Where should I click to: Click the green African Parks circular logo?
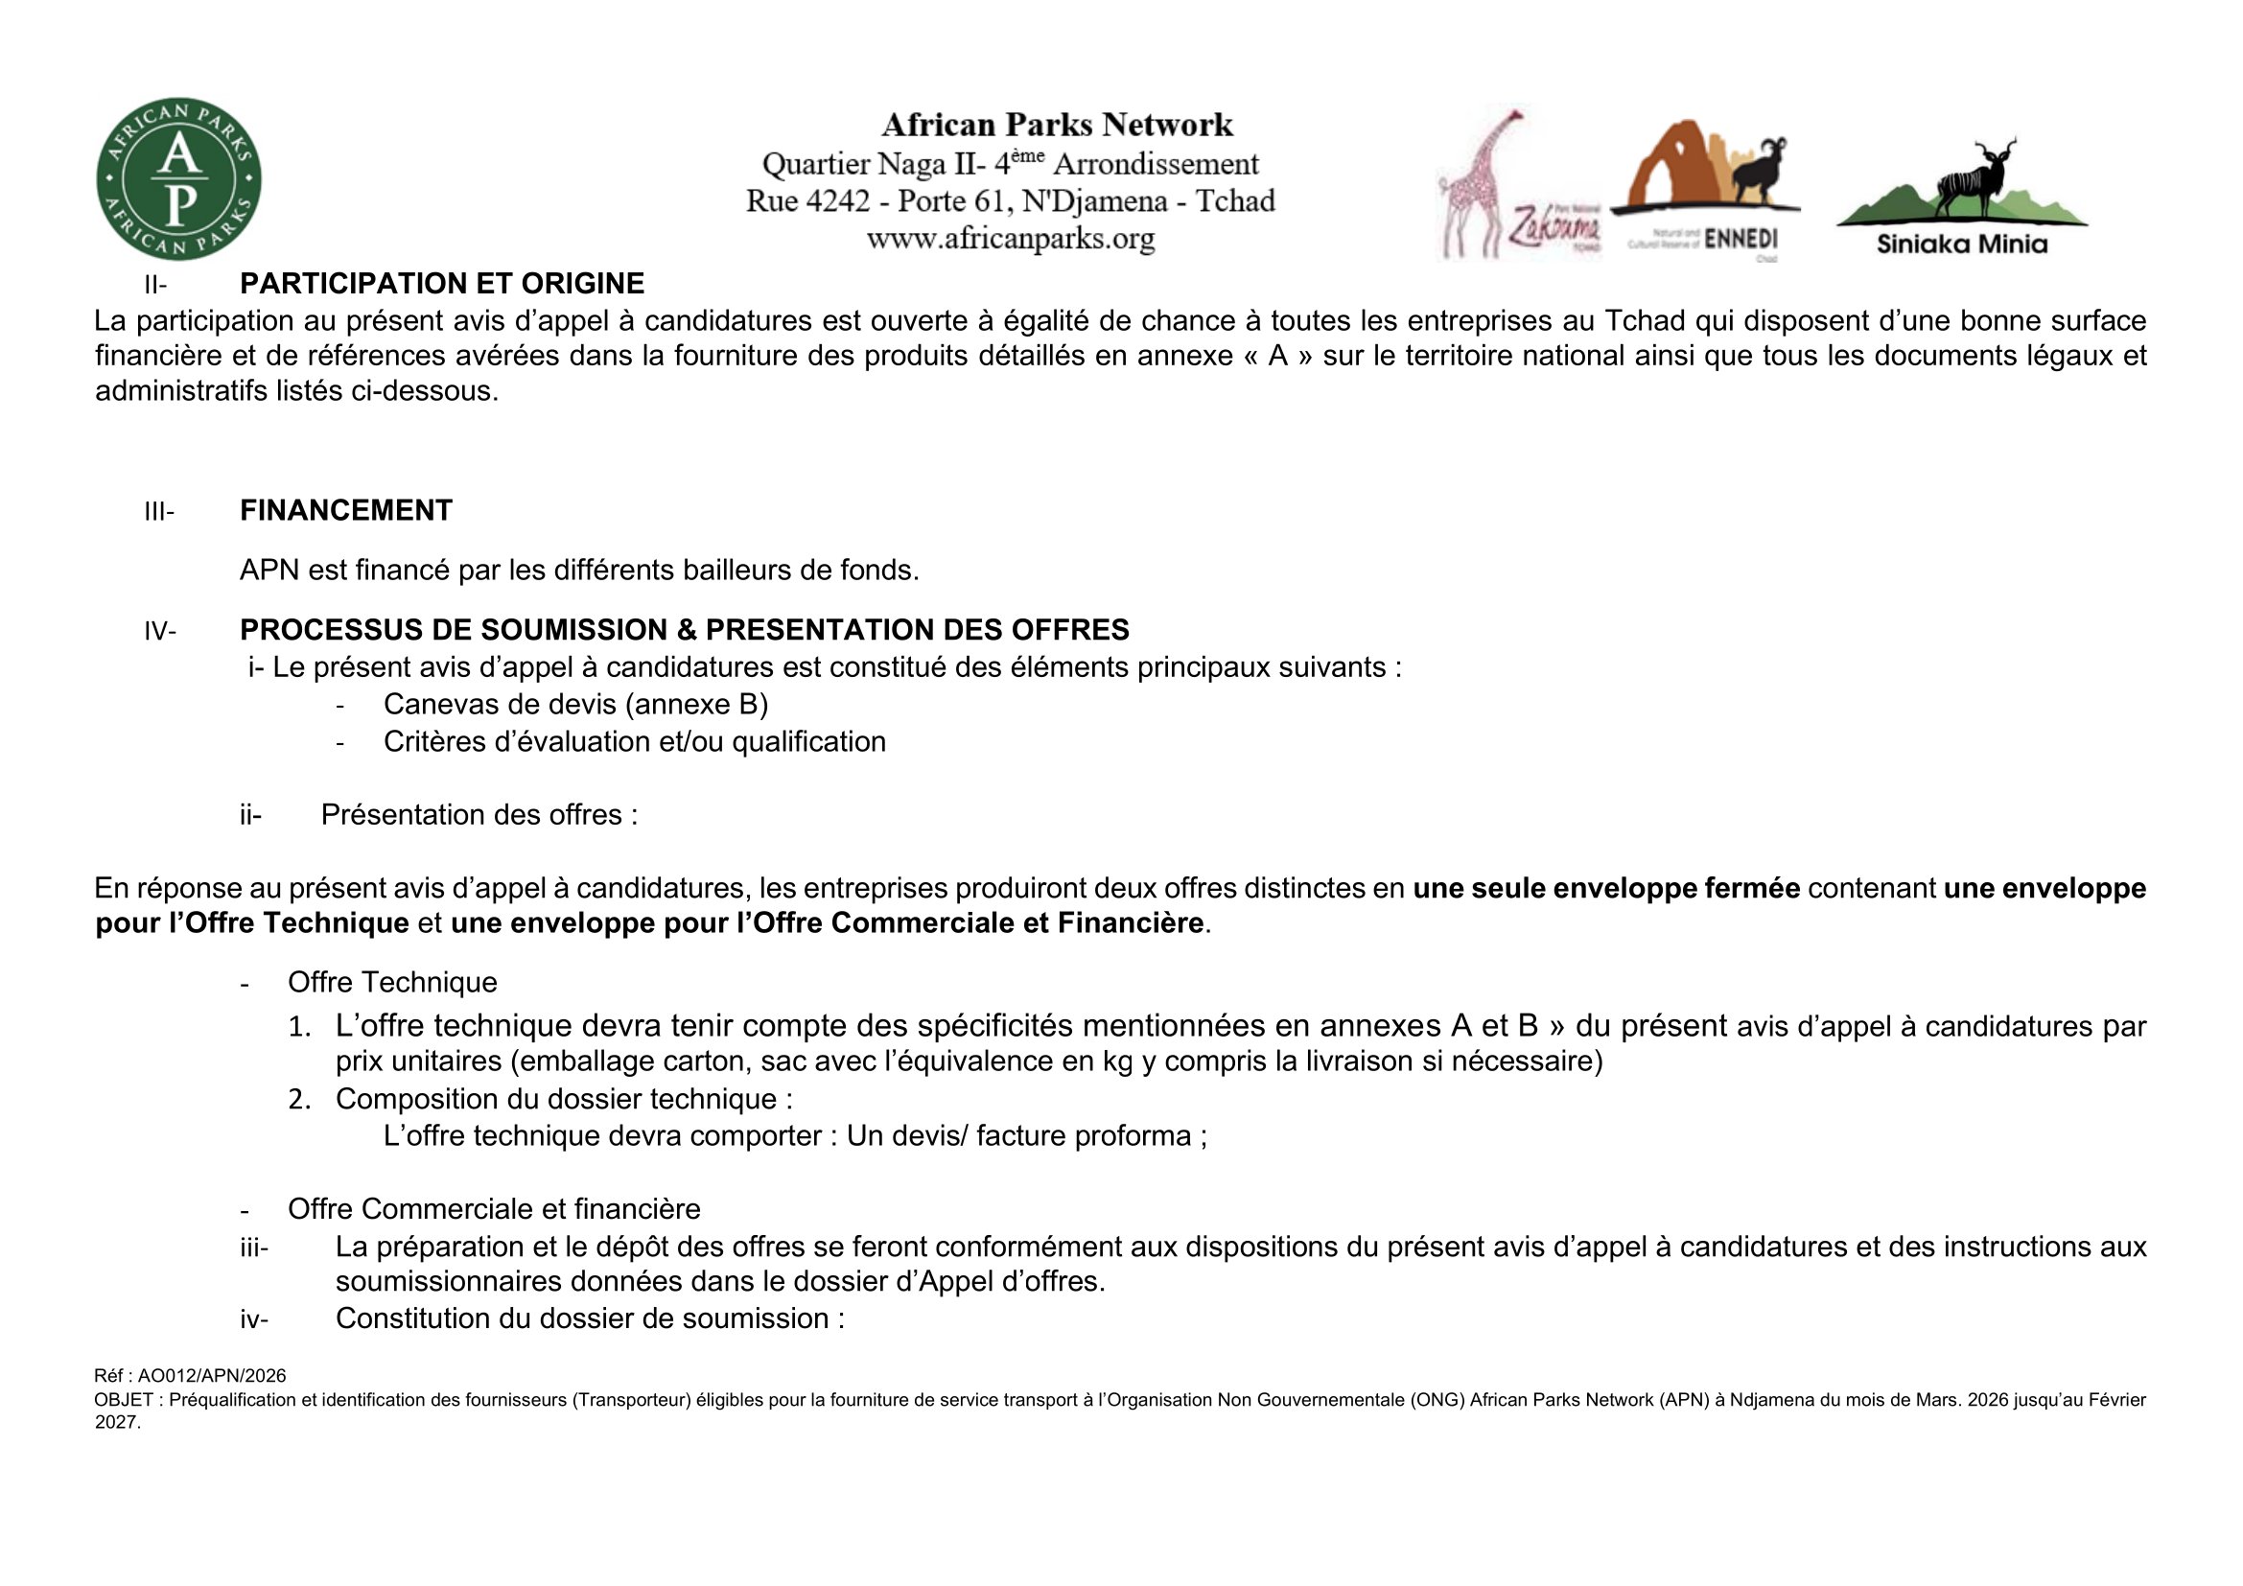[x=178, y=178]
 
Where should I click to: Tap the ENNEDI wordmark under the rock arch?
[x=1740, y=240]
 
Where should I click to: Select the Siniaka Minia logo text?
[x=1962, y=245]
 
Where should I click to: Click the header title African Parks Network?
[x=1057, y=125]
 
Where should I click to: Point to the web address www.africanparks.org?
[x=1010, y=239]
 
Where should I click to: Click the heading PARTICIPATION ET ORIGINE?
[x=441, y=283]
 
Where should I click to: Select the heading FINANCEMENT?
[x=346, y=510]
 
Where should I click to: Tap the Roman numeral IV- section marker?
[x=160, y=631]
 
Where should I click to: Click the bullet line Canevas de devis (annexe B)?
[x=575, y=704]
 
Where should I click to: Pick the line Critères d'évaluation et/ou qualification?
[x=634, y=741]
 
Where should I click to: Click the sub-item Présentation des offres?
[x=479, y=814]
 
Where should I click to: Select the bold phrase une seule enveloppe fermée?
[x=1606, y=888]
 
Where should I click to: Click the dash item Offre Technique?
[x=392, y=982]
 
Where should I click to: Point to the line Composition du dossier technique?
[x=564, y=1099]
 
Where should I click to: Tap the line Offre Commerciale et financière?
[x=493, y=1209]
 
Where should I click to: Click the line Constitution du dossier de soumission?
[x=590, y=1318]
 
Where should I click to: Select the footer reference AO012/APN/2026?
[x=211, y=1376]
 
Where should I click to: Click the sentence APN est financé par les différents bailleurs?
[x=579, y=571]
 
